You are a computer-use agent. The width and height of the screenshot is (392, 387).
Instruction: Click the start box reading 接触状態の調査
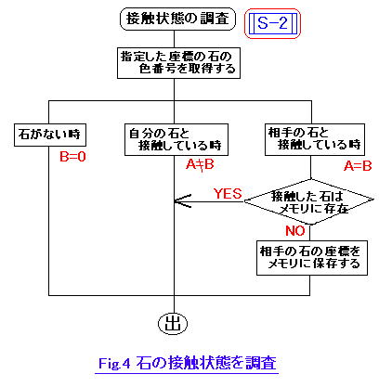point(177,19)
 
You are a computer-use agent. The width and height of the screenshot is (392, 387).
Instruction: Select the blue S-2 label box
point(272,23)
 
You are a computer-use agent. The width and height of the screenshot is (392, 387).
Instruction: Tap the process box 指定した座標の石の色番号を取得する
point(178,63)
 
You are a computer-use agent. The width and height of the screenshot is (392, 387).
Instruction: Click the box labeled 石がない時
point(50,135)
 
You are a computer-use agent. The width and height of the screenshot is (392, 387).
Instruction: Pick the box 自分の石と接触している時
point(176,140)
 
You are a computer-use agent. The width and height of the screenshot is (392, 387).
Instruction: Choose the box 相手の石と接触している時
point(315,139)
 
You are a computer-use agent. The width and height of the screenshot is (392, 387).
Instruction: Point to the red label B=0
point(72,157)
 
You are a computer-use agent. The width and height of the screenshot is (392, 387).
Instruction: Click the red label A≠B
point(200,164)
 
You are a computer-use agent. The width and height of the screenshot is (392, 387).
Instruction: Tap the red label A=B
point(358,166)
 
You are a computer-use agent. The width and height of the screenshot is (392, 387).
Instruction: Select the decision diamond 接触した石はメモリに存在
point(309,201)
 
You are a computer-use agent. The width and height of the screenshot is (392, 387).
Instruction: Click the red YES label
point(228,194)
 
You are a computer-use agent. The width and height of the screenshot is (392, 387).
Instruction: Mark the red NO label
point(295,231)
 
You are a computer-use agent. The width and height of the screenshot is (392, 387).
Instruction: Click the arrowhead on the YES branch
point(183,201)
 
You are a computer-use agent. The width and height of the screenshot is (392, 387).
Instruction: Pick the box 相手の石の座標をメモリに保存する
point(312,258)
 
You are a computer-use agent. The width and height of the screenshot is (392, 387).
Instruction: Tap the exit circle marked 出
point(173,324)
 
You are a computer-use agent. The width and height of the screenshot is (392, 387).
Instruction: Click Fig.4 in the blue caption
point(114,363)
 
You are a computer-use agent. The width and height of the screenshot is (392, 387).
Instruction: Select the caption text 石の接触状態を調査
point(206,363)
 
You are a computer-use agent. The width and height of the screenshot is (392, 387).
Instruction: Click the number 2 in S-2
point(283,23)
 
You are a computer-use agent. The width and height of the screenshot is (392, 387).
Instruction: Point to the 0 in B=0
point(82,157)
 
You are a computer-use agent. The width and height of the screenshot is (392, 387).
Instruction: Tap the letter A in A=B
point(348,166)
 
